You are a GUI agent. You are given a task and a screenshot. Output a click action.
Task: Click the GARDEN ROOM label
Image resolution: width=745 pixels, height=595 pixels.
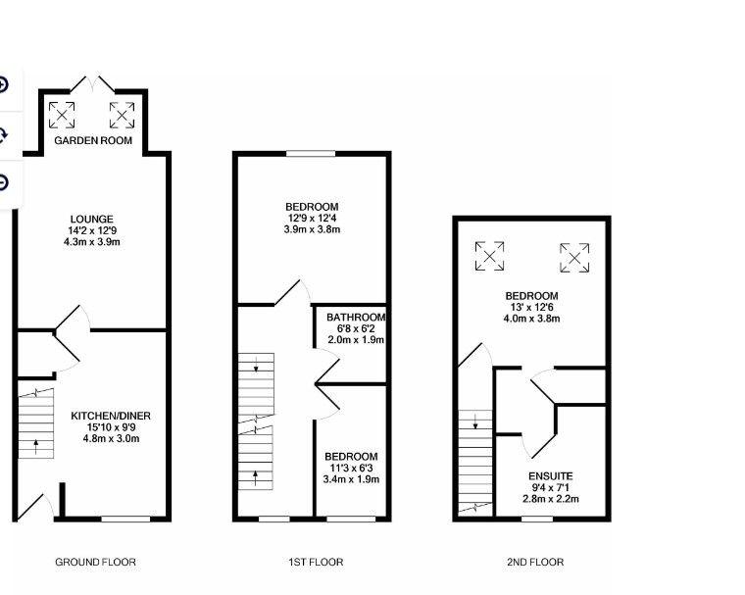93,140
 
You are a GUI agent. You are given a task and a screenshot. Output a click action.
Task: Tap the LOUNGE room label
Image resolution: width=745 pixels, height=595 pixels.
92,220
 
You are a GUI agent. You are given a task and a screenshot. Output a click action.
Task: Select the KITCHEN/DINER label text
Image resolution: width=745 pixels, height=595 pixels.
111,416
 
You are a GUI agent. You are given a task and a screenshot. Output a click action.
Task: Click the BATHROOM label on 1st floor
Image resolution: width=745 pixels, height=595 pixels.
356,317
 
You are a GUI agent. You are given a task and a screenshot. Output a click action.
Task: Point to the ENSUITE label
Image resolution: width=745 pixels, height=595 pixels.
551,476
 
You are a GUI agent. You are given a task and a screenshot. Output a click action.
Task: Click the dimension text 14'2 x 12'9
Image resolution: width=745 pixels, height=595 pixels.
92,230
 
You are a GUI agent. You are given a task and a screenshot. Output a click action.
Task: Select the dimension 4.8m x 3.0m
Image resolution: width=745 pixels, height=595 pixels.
111,438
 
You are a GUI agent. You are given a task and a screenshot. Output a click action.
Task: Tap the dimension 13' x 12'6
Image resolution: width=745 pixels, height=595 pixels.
531,307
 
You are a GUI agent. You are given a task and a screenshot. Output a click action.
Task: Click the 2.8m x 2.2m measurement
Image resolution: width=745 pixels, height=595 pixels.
551,499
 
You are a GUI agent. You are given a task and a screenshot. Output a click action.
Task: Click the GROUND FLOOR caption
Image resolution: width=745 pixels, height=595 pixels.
95,563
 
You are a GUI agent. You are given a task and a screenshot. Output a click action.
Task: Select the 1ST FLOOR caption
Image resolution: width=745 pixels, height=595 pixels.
316,563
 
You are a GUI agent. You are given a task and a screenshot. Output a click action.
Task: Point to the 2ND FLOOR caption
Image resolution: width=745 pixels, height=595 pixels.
535,563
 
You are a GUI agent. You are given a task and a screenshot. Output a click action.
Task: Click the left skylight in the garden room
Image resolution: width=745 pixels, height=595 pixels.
62,115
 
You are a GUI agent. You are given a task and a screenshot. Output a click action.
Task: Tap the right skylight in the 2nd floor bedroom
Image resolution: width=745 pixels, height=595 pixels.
574,258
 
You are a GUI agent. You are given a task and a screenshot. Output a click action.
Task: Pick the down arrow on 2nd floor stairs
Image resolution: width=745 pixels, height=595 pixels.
475,421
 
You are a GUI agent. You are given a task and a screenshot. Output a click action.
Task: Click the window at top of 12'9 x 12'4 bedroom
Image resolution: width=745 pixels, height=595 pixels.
311,154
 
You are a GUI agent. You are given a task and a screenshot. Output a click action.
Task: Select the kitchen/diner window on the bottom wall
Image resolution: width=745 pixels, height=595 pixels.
125,519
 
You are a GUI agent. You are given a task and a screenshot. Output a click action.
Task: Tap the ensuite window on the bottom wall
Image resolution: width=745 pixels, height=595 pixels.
537,519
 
